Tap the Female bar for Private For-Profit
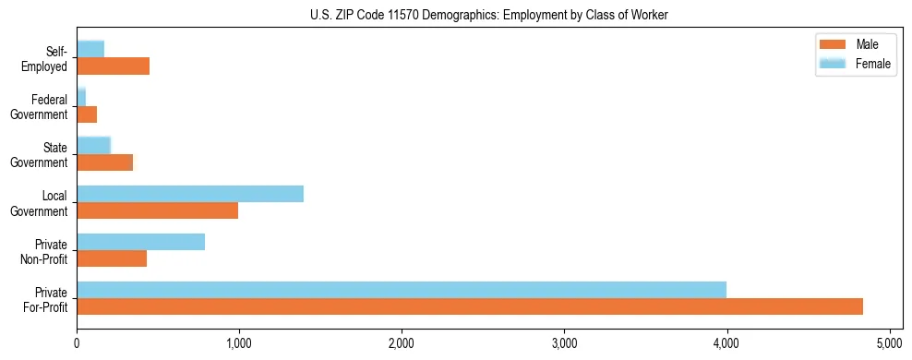coord(402,290)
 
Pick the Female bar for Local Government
coord(190,194)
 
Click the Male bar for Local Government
coord(158,210)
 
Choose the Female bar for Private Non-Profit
coord(141,242)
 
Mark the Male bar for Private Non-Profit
coord(112,258)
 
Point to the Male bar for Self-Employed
coord(114,66)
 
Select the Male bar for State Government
coord(105,162)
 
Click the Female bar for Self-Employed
coord(90,49)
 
